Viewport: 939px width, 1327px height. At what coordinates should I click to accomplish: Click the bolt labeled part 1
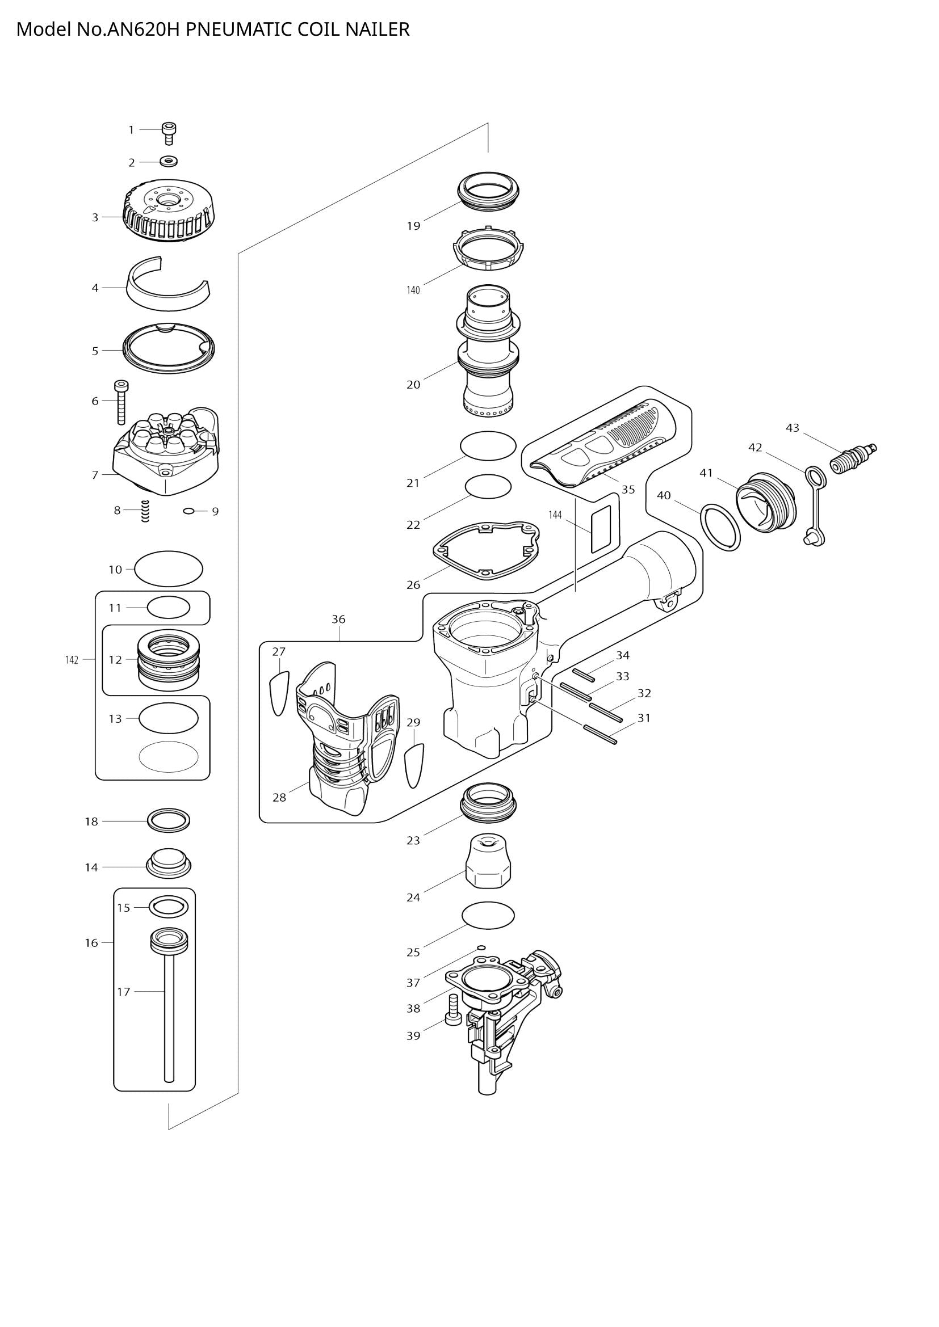click(168, 133)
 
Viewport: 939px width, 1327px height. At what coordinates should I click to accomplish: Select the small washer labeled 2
click(168, 161)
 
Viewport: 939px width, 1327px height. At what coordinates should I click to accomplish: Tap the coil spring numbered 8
click(145, 511)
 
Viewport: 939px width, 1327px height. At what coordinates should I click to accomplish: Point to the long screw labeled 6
click(121, 402)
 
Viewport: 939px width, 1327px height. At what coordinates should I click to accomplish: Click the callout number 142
click(71, 659)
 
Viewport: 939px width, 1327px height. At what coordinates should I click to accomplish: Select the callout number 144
click(555, 515)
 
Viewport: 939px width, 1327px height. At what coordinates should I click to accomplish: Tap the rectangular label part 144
click(601, 528)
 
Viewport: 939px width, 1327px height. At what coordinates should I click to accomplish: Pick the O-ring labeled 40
click(720, 526)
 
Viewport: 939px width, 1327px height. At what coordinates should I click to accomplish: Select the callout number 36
click(338, 619)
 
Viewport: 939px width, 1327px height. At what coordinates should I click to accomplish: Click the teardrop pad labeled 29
click(414, 765)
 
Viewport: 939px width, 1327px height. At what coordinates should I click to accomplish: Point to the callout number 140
click(413, 289)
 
